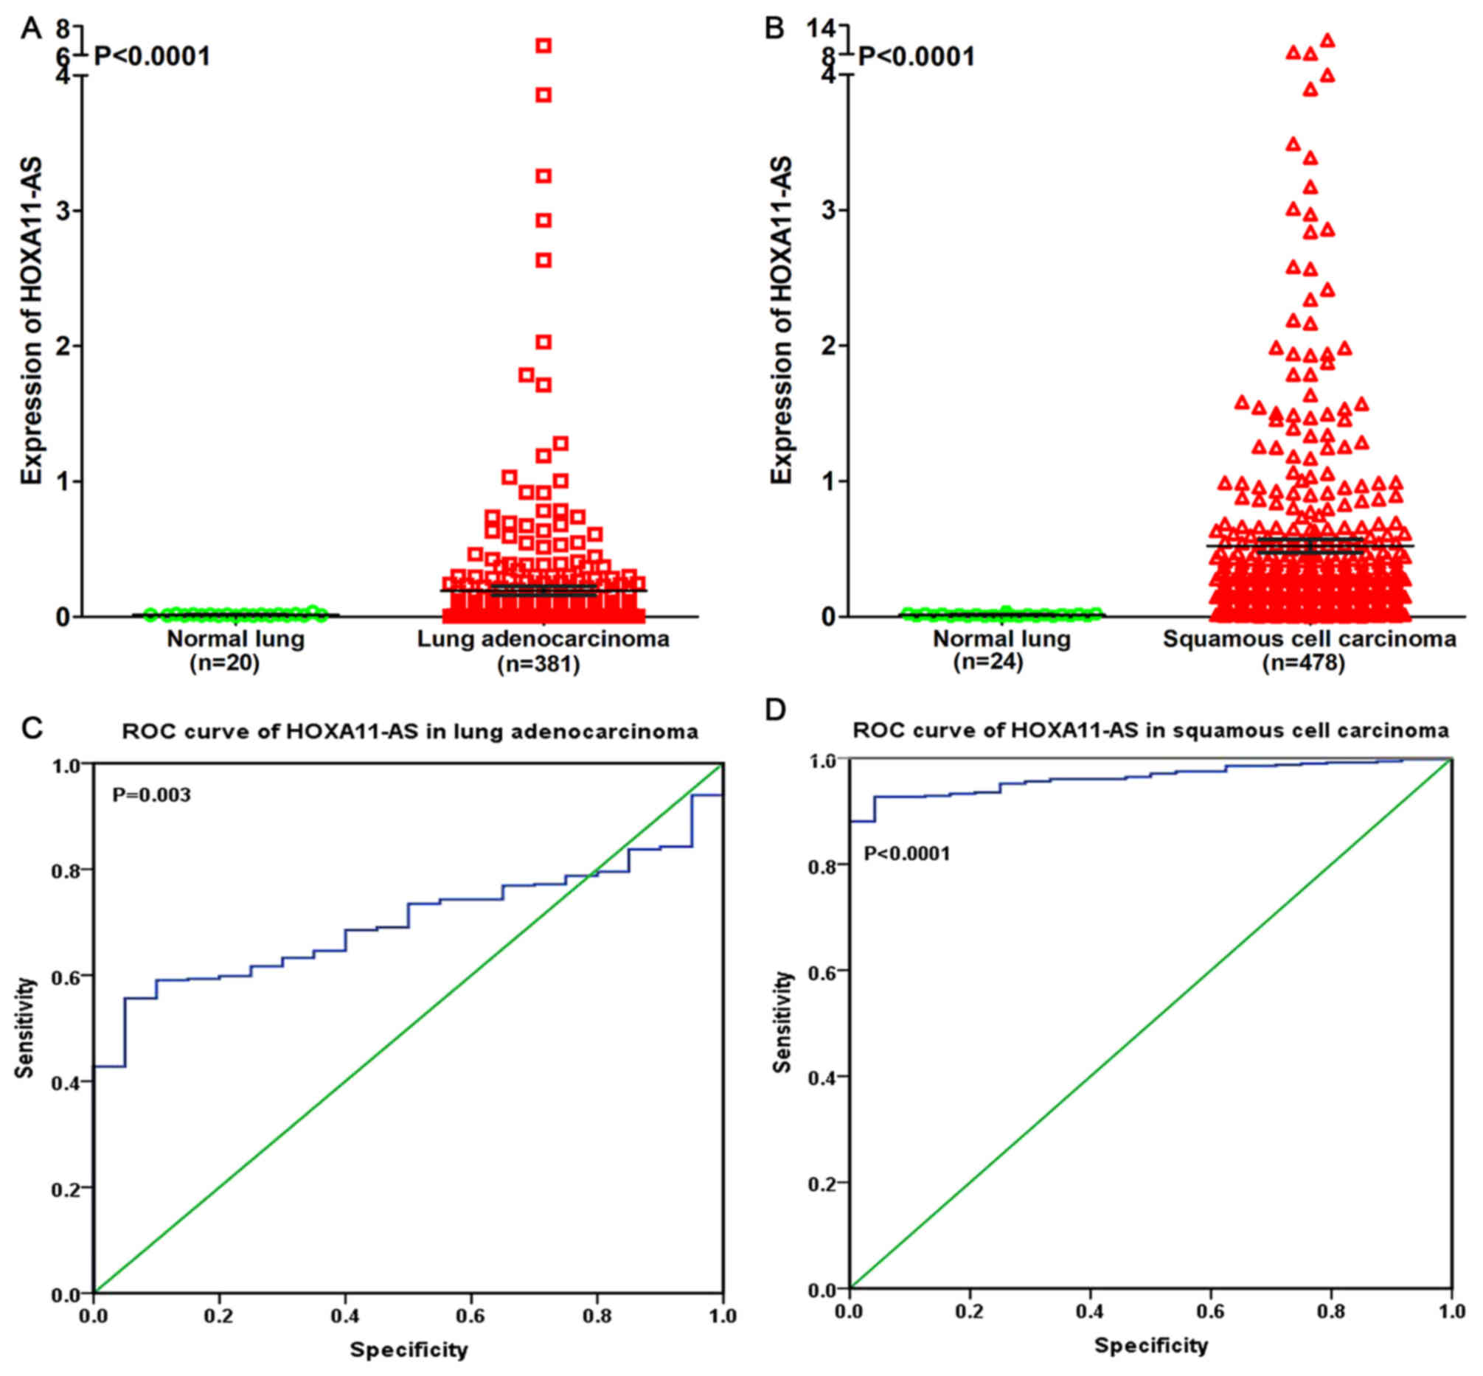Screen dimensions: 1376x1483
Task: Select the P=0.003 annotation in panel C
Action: (x=151, y=794)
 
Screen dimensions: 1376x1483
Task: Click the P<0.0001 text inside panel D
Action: (x=906, y=853)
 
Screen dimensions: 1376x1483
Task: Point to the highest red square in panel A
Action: (x=543, y=46)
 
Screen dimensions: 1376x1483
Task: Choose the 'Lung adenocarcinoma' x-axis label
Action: (x=543, y=639)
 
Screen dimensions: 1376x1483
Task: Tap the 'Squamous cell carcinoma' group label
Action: (x=1309, y=639)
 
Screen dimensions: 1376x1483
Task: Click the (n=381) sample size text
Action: (x=538, y=663)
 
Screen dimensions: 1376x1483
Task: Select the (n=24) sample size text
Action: (x=987, y=662)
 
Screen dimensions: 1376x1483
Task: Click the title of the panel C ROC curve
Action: (x=410, y=732)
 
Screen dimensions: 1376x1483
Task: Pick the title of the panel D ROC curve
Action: (x=1150, y=730)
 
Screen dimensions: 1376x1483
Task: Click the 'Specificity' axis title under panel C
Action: (x=409, y=1349)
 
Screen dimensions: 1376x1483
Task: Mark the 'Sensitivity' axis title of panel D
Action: (x=782, y=1021)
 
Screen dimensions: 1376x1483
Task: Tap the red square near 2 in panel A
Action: (x=543, y=343)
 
